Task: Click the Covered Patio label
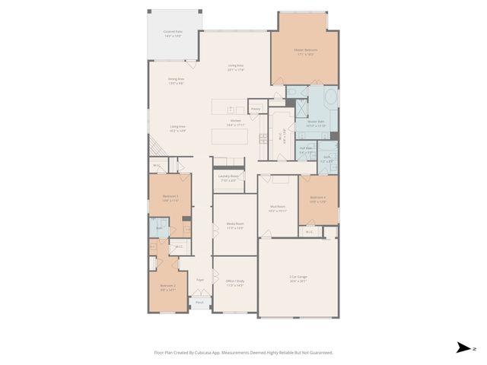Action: pos(173,33)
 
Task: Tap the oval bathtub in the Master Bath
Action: pos(330,100)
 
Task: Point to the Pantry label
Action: pos(256,109)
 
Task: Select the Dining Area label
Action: pos(177,79)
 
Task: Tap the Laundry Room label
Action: pos(228,179)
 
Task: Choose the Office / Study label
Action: pos(234,284)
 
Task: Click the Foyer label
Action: pos(200,280)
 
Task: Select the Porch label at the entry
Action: pos(199,303)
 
